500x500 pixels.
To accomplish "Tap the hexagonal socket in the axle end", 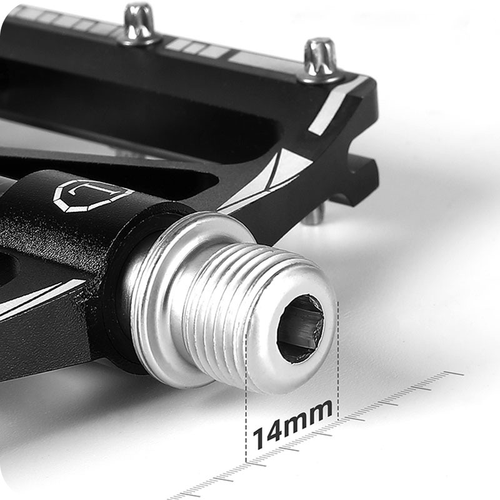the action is (301, 329).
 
